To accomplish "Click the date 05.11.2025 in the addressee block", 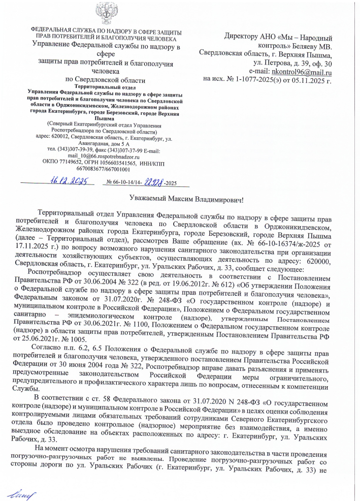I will click(306, 79).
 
